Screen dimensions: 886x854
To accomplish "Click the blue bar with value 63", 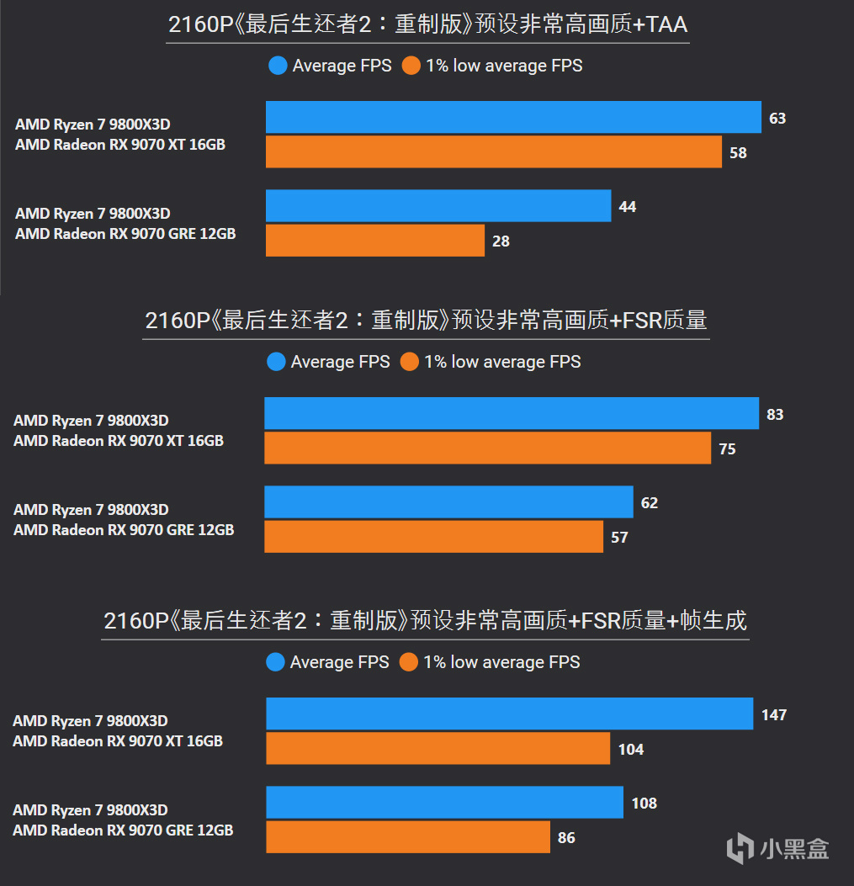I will (x=513, y=118).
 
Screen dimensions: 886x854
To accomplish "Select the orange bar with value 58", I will (x=493, y=152).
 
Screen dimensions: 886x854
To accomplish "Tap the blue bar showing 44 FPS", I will (x=438, y=206).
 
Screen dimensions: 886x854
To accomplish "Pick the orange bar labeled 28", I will (x=374, y=241).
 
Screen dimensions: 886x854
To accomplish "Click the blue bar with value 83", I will (x=511, y=414).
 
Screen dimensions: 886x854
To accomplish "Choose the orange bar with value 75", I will (x=487, y=448).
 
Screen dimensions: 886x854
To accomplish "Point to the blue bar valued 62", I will (x=448, y=502).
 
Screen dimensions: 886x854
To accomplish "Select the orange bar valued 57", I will (x=433, y=537).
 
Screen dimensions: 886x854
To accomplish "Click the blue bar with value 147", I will (x=509, y=714).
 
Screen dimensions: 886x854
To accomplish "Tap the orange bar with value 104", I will (x=438, y=749).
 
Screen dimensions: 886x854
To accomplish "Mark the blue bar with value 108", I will (x=444, y=803).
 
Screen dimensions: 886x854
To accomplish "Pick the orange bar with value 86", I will (x=408, y=837).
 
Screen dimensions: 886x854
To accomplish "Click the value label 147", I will (x=773, y=715).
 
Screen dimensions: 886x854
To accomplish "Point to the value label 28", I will (x=501, y=241).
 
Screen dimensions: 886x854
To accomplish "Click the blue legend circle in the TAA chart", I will (x=278, y=66).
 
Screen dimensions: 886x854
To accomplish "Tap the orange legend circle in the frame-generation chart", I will (x=409, y=662).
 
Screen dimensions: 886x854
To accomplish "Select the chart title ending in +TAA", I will (x=427, y=24).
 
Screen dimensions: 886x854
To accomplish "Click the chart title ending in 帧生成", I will (x=425, y=621).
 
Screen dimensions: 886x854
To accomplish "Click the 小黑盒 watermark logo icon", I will (x=740, y=847).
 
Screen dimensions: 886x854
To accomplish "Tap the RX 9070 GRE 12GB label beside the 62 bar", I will (x=123, y=530).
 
